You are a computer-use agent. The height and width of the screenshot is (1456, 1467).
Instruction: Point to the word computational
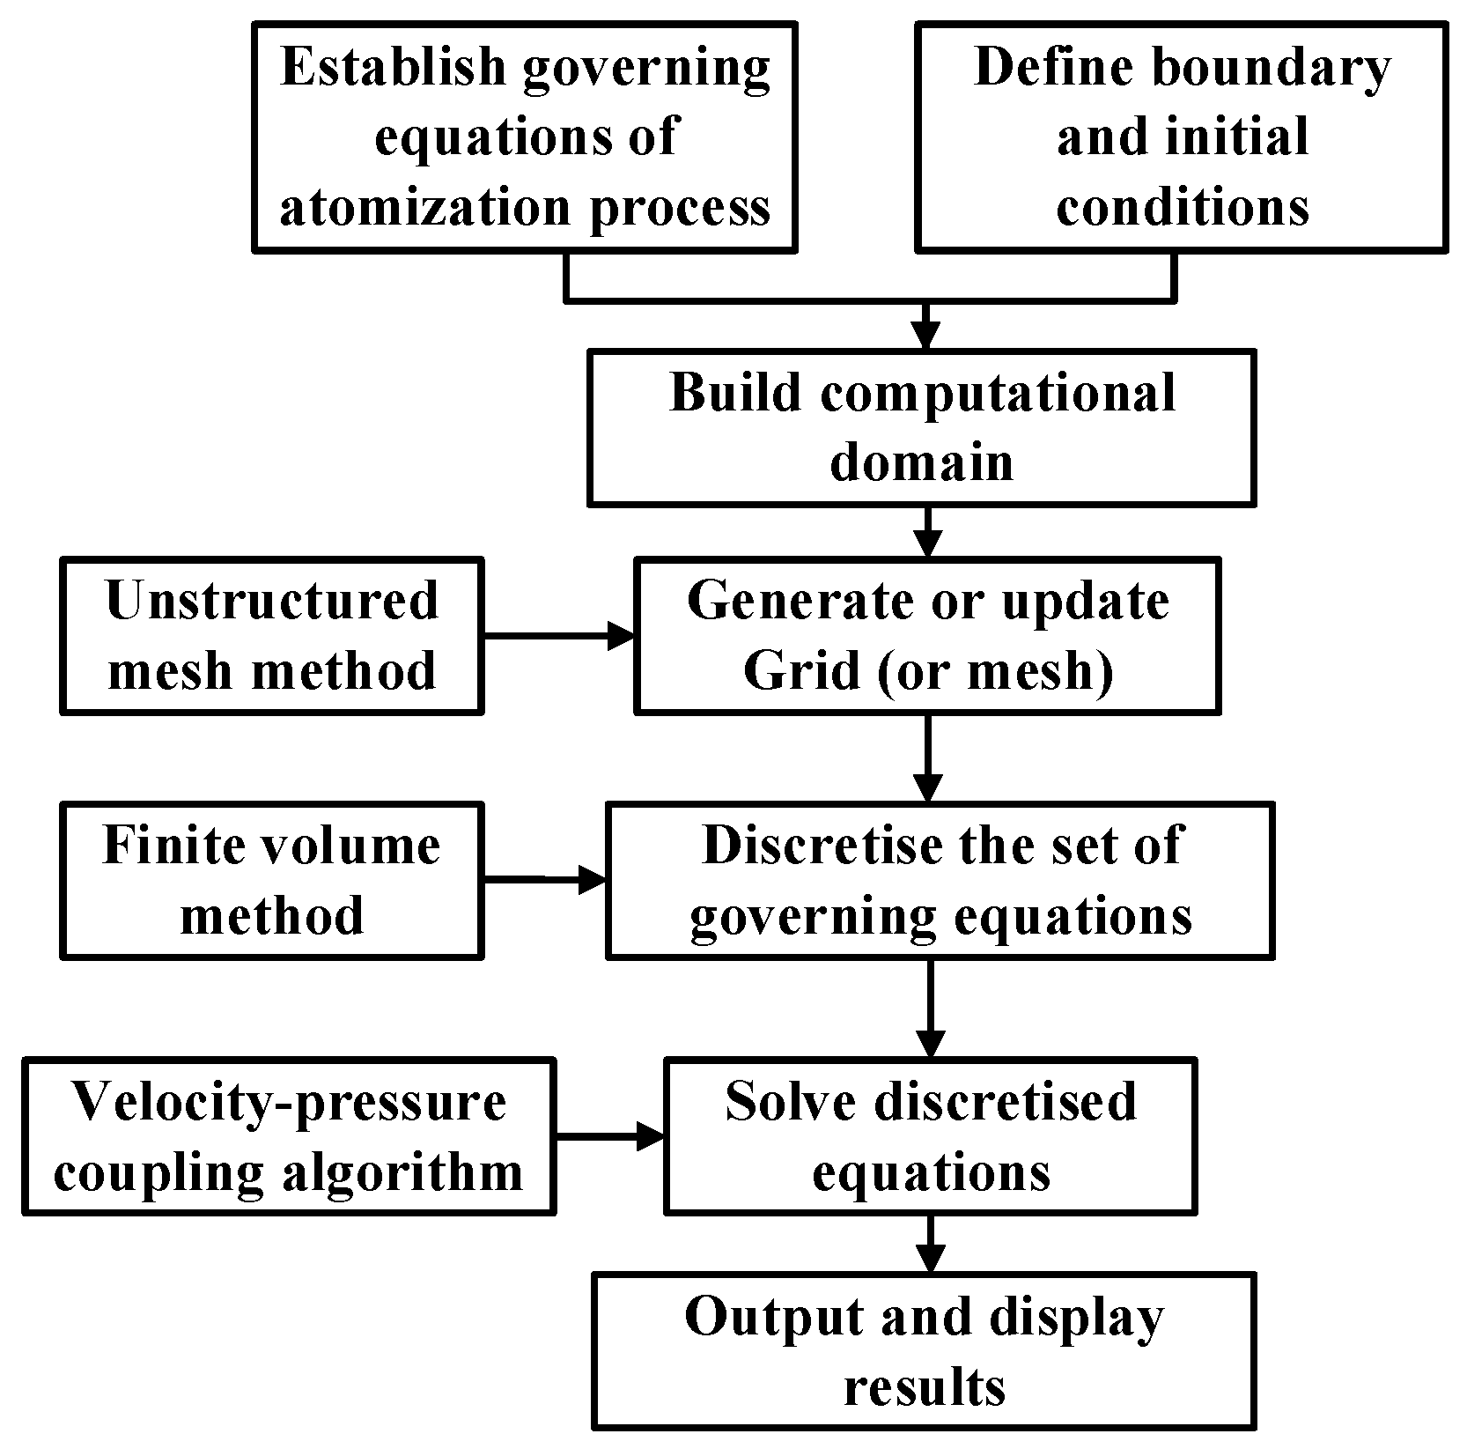click(x=999, y=393)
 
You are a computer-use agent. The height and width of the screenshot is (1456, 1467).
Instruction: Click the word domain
click(x=921, y=462)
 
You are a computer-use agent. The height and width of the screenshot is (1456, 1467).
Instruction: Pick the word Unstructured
click(x=271, y=601)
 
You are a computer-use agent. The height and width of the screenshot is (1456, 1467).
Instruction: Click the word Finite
click(x=173, y=846)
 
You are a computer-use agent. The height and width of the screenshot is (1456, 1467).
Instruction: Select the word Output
click(x=760, y=1319)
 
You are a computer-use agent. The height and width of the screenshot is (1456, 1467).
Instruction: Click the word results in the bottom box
click(x=924, y=1388)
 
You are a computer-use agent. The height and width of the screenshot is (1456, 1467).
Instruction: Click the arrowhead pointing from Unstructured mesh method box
click(x=622, y=635)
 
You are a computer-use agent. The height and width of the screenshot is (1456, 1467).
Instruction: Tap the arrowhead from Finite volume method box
click(x=593, y=878)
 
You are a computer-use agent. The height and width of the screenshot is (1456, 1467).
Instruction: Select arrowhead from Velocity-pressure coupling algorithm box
click(x=652, y=1136)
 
